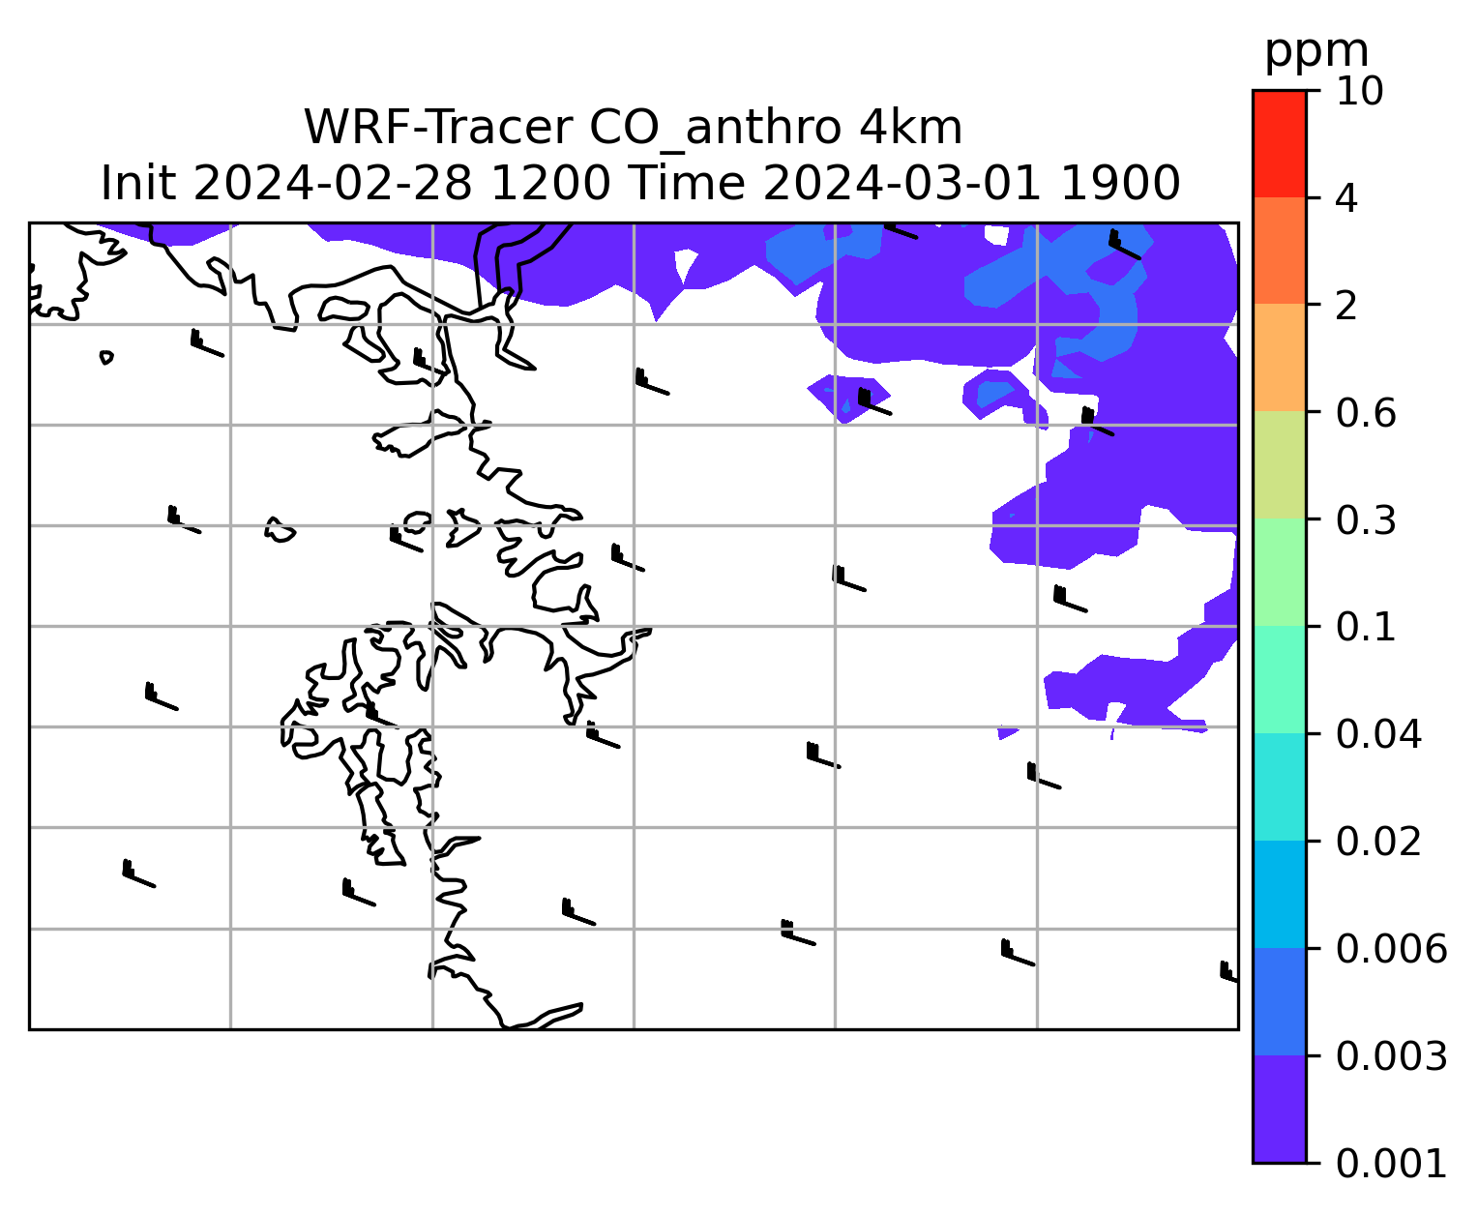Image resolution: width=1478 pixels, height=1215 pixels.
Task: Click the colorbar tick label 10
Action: pyautogui.click(x=1359, y=91)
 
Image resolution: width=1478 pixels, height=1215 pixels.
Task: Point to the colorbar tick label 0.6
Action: pyautogui.click(x=1365, y=413)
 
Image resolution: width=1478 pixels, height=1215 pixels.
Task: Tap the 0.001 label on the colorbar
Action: pyautogui.click(x=1391, y=1164)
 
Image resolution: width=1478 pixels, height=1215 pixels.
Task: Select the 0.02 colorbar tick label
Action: pyautogui.click(x=1377, y=842)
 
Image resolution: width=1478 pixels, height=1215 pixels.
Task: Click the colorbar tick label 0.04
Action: pyautogui.click(x=1377, y=734)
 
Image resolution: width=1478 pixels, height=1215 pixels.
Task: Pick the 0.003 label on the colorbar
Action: pyautogui.click(x=1391, y=1056)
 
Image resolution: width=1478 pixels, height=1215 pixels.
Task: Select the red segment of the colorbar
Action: pyautogui.click(x=1279, y=144)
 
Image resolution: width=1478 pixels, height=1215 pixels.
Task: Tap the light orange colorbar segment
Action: pyautogui.click(x=1279, y=357)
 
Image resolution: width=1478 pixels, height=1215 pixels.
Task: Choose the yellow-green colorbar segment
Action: pyautogui.click(x=1279, y=464)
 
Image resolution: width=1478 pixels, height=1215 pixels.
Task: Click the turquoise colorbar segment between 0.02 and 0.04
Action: pyautogui.click(x=1279, y=786)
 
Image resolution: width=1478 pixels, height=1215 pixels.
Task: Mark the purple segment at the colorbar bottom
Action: pyautogui.click(x=1279, y=1110)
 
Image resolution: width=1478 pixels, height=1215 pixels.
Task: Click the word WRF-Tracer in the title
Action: pyautogui.click(x=438, y=129)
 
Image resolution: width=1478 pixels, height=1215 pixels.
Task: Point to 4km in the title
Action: pyautogui.click(x=910, y=129)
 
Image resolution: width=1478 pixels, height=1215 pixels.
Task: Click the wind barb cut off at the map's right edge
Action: pyautogui.click(x=1228, y=971)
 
